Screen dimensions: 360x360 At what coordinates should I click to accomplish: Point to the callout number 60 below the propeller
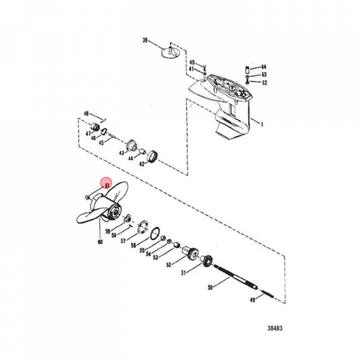[x=100, y=242]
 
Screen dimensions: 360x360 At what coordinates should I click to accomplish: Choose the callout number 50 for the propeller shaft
[x=209, y=288]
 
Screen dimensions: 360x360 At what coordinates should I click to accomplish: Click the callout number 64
[x=263, y=66]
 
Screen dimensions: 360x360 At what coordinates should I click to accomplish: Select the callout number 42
[x=142, y=163]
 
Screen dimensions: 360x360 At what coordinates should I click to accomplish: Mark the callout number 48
[x=86, y=113]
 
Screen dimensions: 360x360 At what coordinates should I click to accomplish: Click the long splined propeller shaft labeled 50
[x=235, y=277]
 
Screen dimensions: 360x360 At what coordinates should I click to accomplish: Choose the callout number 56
[x=133, y=245]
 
